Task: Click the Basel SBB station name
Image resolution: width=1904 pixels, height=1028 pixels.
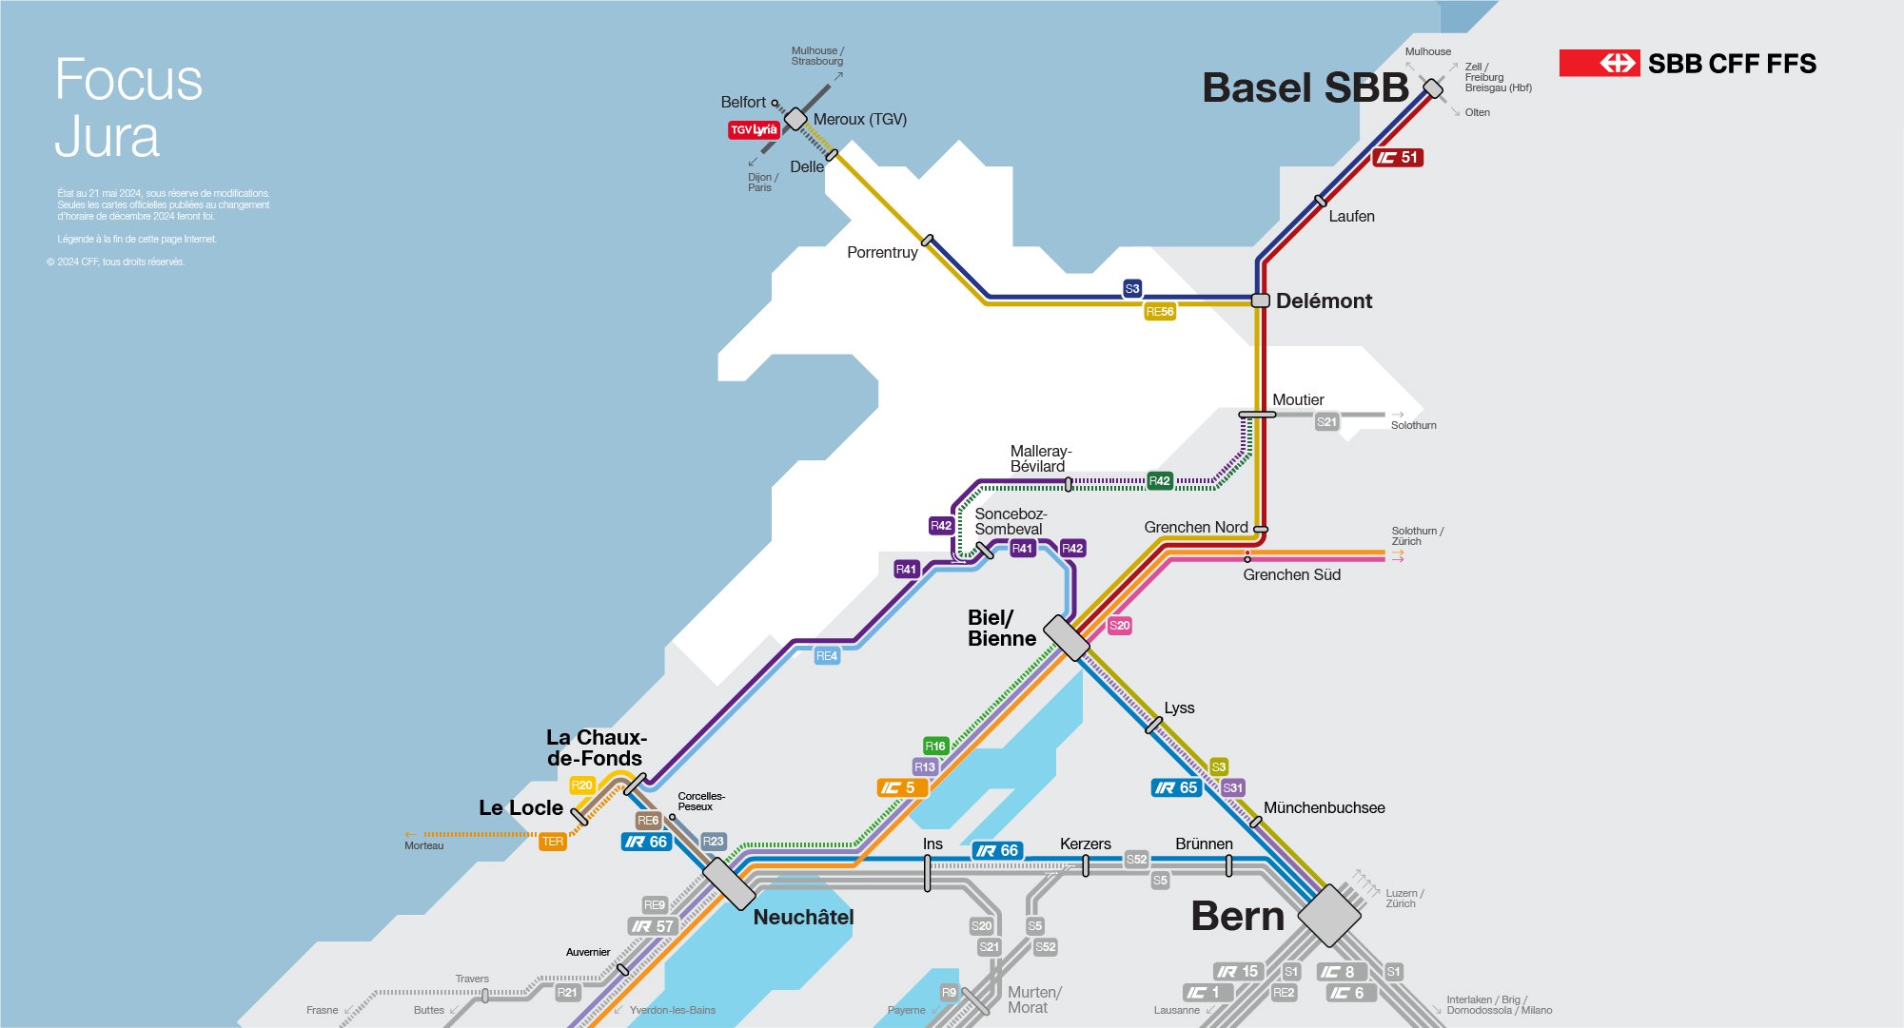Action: pos(1305,87)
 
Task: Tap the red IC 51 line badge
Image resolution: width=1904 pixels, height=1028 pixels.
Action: pos(1397,158)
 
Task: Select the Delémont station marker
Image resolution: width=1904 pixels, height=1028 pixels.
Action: pos(1260,301)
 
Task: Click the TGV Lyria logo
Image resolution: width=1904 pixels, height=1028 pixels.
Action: pos(754,130)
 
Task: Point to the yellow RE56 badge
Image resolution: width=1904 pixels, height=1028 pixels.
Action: pos(1160,312)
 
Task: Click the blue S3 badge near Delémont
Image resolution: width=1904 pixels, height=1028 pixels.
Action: pos(1131,288)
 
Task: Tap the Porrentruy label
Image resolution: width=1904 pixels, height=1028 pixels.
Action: pos(882,252)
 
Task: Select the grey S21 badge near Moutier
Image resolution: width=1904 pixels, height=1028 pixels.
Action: pos(1326,422)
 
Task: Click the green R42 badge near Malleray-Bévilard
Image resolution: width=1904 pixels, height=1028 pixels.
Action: pos(1159,481)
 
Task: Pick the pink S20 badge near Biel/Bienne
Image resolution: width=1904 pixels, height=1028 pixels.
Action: pos(1119,626)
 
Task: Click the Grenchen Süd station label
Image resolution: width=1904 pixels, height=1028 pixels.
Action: pos(1291,574)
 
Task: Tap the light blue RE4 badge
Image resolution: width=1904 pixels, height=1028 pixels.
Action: pos(826,656)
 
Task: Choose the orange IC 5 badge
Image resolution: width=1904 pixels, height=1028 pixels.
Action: pos(900,787)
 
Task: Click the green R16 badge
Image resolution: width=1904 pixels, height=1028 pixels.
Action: pos(935,747)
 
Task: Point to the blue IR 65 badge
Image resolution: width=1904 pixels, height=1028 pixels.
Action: pos(1176,787)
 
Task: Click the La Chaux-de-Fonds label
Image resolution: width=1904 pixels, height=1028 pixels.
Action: pos(596,747)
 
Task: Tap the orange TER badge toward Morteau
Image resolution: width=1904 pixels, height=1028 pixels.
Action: pos(552,842)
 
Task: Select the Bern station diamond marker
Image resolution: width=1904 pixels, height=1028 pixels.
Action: pos(1329,916)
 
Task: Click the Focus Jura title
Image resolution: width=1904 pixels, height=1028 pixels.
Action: pos(128,107)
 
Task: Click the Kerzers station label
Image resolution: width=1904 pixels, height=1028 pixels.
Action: pos(1085,844)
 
